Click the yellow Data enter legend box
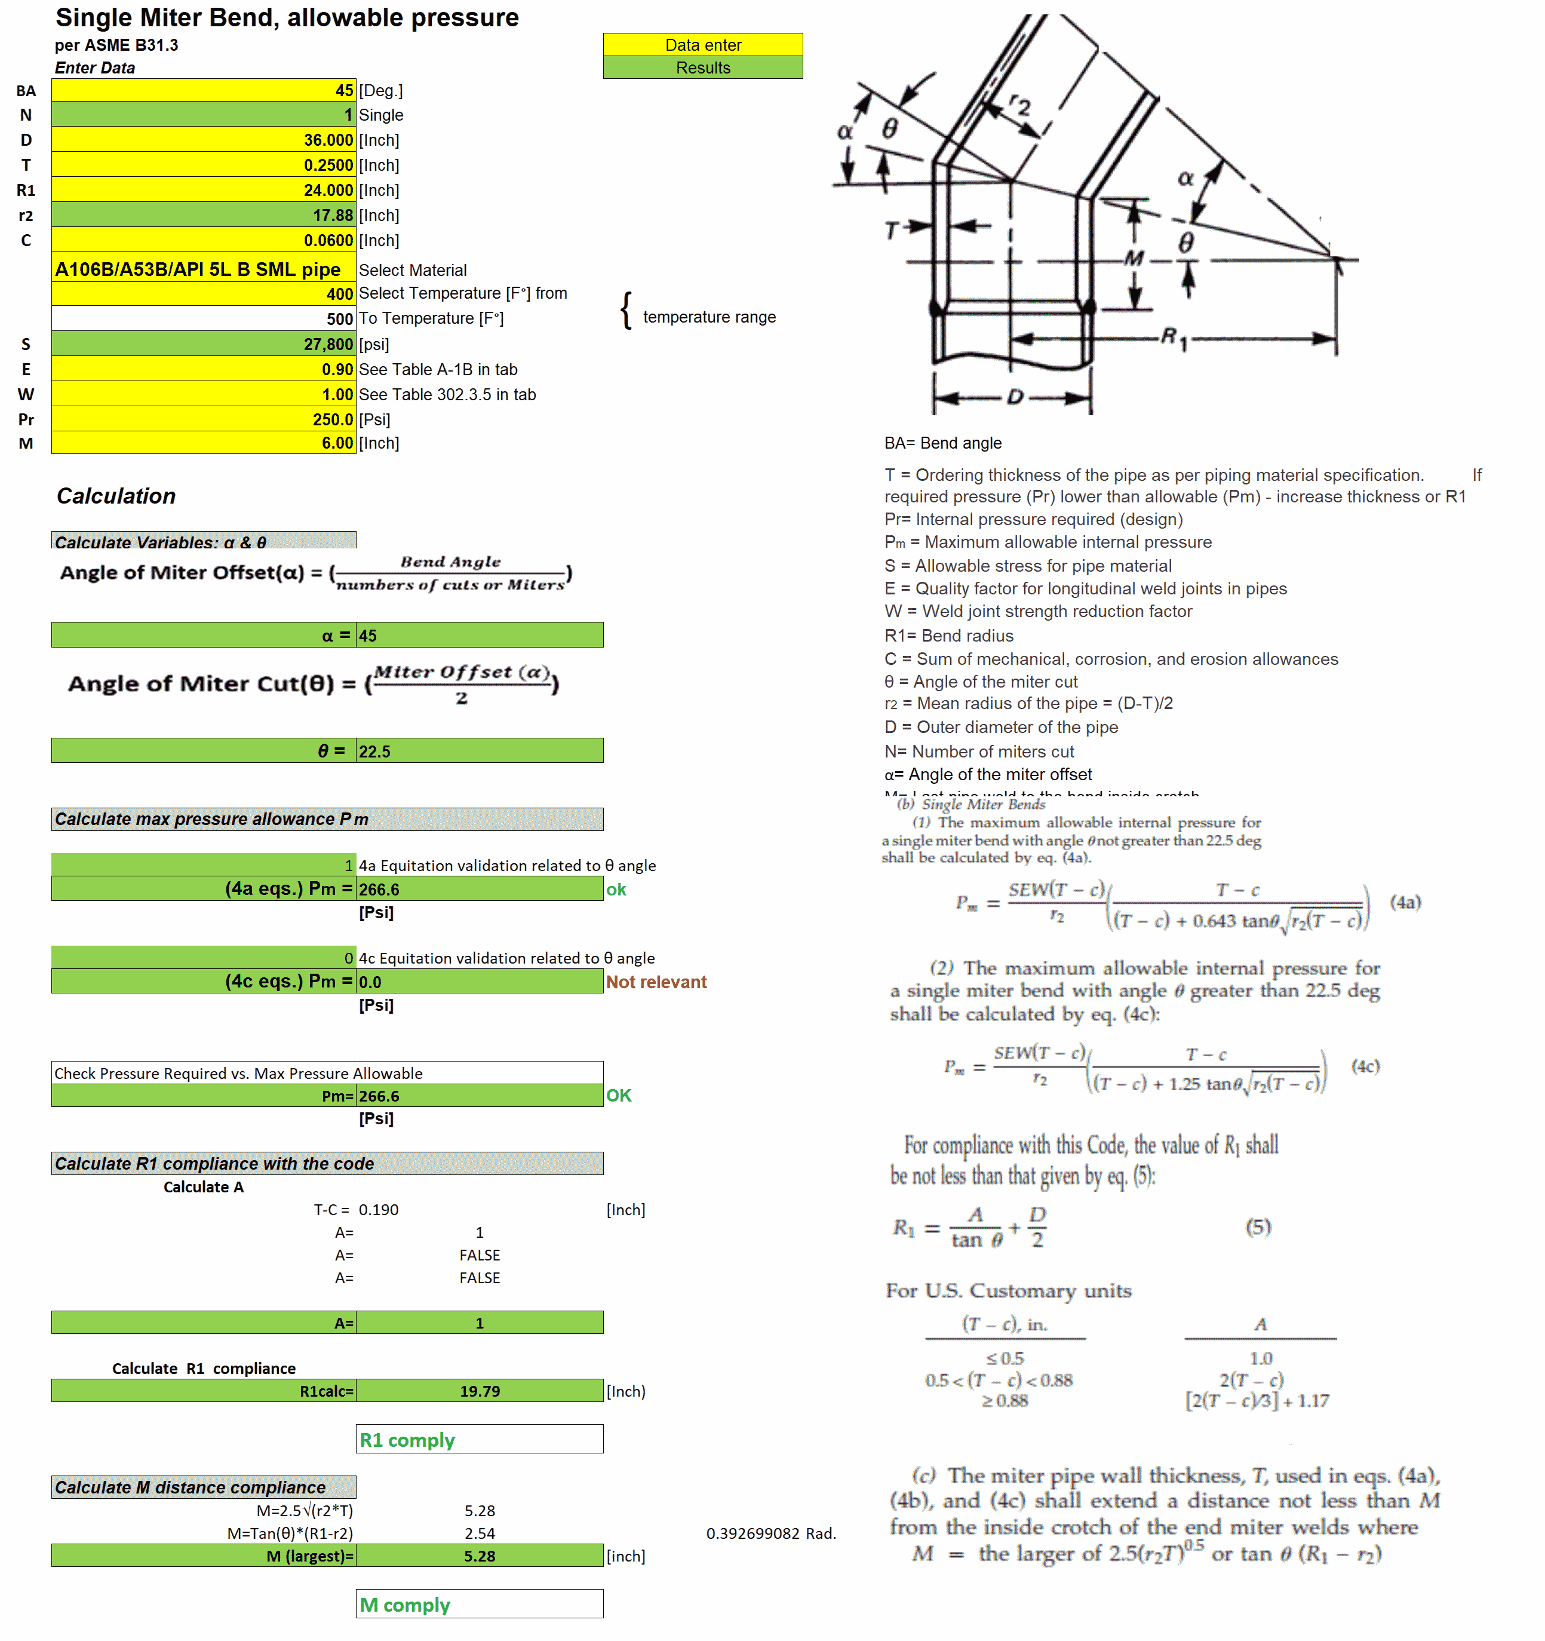point(702,45)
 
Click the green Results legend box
point(702,68)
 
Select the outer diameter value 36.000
point(328,140)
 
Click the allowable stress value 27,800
point(328,344)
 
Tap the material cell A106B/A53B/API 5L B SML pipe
point(198,270)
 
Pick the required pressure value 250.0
point(332,419)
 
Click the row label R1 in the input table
point(26,191)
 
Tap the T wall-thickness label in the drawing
point(891,231)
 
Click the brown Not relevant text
point(656,981)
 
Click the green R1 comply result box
point(479,1440)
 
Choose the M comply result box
point(479,1605)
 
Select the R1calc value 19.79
point(480,1391)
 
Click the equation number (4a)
point(1405,901)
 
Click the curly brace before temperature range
point(626,311)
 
